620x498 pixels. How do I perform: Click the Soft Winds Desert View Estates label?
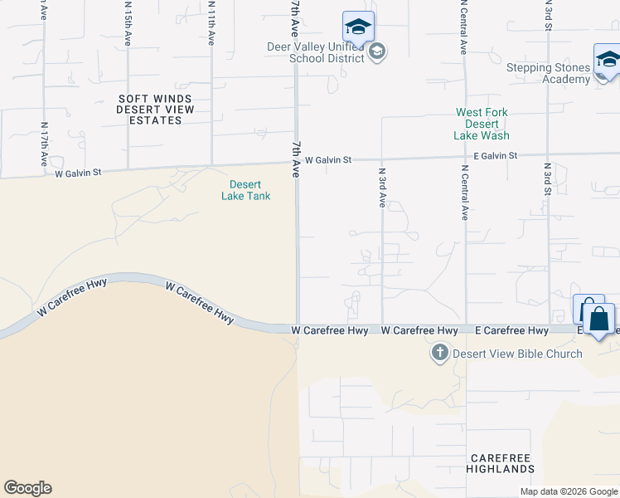(155, 110)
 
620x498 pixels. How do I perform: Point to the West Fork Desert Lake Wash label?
(482, 124)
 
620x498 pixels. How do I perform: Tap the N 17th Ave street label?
(44, 144)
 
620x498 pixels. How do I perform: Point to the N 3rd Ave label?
(382, 188)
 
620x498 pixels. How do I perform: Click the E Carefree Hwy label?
(511, 330)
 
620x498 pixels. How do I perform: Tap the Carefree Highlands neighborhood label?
(502, 463)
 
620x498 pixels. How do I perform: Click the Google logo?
(27, 488)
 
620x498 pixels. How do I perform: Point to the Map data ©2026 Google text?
(568, 491)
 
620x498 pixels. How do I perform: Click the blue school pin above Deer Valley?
(358, 27)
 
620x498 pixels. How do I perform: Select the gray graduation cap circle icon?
(377, 52)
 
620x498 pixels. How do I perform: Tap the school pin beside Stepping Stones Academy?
(608, 61)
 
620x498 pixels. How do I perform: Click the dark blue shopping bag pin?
(598, 319)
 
